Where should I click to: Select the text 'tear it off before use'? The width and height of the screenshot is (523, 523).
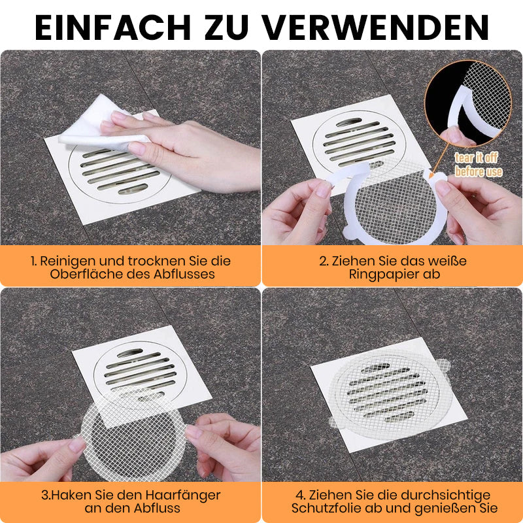[x=479, y=165]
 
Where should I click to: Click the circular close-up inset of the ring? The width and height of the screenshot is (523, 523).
[x=468, y=103]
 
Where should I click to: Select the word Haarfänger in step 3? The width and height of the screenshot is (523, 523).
[x=183, y=495]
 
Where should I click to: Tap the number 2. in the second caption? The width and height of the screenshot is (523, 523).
[x=324, y=261]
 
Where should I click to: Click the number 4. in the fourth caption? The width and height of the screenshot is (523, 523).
[x=301, y=496]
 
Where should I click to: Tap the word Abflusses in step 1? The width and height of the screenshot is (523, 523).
[x=184, y=274]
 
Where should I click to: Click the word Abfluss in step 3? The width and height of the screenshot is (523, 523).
[x=157, y=509]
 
